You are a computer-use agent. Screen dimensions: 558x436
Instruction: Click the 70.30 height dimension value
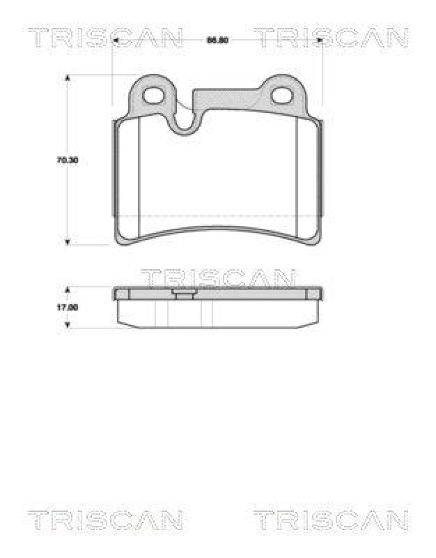(x=67, y=160)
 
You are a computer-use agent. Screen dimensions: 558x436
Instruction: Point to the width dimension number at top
(x=218, y=40)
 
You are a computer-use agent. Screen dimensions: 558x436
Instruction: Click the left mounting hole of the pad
(x=153, y=92)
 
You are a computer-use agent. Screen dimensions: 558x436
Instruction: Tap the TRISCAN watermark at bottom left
(x=105, y=520)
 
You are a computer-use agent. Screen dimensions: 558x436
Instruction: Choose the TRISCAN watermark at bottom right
(x=330, y=520)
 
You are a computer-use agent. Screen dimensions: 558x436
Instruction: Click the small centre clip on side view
(x=184, y=294)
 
